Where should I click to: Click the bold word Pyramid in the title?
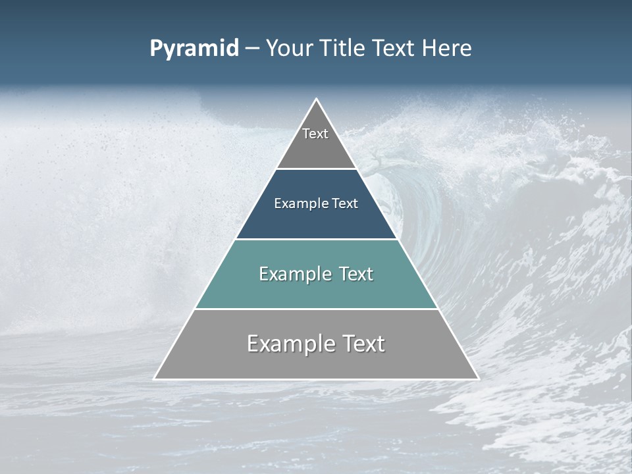click(194, 48)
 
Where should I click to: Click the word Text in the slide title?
click(395, 48)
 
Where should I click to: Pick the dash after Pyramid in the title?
click(252, 49)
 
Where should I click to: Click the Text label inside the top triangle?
click(315, 134)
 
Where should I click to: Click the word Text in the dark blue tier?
click(346, 203)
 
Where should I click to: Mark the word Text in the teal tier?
click(356, 274)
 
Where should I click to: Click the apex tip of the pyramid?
click(316, 100)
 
